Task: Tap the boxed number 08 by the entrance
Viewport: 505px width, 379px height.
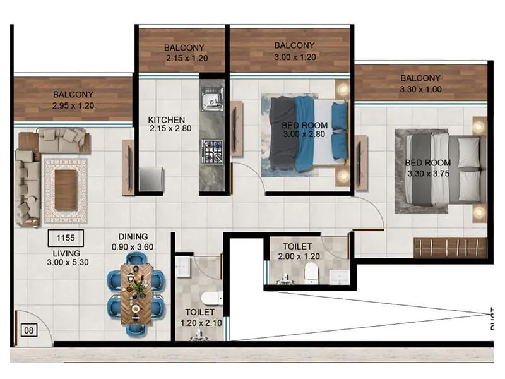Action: coord(28,329)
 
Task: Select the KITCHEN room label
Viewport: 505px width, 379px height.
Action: coord(166,120)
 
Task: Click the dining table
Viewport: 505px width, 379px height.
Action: coord(136,294)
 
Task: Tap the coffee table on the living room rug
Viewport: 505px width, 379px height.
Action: coord(65,190)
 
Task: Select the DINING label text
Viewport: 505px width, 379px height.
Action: coord(133,237)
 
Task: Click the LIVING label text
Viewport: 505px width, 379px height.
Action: coord(66,253)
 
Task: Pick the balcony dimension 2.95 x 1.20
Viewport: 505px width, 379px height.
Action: coord(73,105)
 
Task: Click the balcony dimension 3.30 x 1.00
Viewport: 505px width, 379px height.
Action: coord(420,90)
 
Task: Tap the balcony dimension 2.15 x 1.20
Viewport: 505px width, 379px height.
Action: coord(187,58)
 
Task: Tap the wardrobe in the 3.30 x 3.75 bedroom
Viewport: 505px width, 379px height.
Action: coord(450,247)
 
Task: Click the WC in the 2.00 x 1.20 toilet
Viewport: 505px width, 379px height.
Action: coord(311,272)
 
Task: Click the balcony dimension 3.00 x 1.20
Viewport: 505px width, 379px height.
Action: coord(295,56)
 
